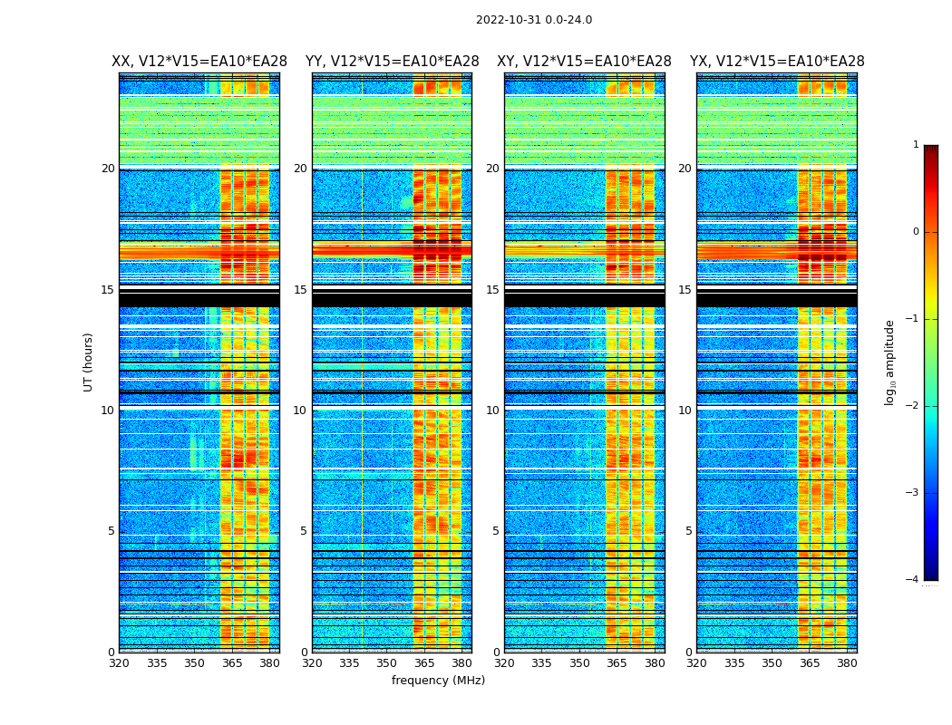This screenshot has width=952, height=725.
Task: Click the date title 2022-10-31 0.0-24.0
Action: tap(534, 20)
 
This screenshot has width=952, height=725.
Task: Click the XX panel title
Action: tap(199, 62)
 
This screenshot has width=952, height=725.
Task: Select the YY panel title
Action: tap(392, 62)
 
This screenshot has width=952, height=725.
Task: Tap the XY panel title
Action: tap(584, 62)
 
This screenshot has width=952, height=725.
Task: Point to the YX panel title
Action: tap(777, 62)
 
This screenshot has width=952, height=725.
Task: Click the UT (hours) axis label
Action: tap(89, 362)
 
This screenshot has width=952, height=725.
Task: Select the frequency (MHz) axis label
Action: tap(438, 681)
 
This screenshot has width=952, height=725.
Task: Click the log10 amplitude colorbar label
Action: tap(890, 362)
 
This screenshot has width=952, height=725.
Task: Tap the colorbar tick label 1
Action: tap(916, 145)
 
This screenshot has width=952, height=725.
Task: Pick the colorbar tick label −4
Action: tap(913, 580)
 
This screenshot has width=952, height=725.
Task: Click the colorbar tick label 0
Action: tap(916, 232)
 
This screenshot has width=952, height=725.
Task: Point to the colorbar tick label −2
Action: tap(913, 406)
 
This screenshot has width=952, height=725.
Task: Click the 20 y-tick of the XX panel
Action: tap(108, 169)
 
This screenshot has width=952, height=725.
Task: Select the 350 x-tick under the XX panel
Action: tap(194, 663)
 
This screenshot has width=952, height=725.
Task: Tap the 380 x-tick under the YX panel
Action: tap(847, 663)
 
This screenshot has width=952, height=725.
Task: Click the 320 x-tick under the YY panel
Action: tap(312, 663)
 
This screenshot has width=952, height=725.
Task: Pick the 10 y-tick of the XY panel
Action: tap(492, 411)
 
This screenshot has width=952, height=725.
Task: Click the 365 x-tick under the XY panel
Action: tap(617, 663)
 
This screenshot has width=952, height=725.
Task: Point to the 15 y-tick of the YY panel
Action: tap(300, 290)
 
